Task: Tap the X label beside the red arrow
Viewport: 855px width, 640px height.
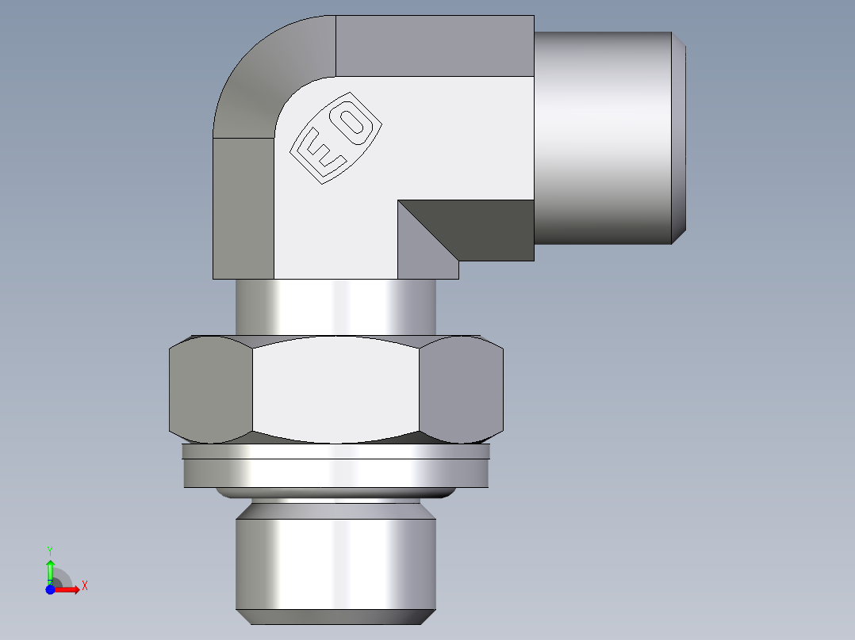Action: [x=85, y=586]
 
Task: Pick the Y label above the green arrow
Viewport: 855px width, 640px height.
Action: [x=50, y=549]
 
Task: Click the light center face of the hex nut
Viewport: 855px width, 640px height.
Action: [x=335, y=389]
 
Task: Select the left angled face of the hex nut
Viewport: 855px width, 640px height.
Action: [x=211, y=389]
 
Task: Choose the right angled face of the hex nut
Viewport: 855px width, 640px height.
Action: [x=462, y=389]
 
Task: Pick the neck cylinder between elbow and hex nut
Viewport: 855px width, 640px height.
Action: [x=335, y=307]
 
